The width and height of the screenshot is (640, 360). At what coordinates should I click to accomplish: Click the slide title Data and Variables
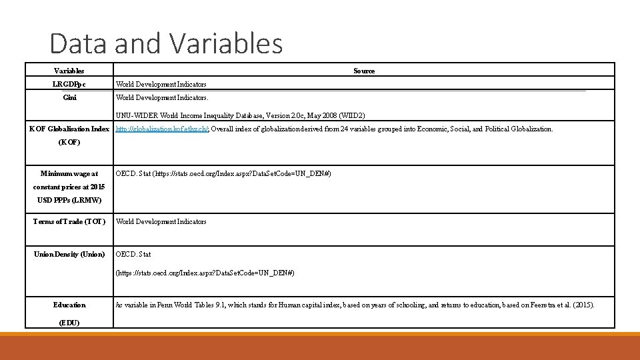pyautogui.click(x=166, y=44)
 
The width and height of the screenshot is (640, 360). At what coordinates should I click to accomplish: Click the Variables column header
pyautogui.click(x=69, y=71)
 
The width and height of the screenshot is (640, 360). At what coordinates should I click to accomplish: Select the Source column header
pyautogui.click(x=364, y=71)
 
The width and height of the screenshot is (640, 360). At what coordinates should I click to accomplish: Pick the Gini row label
pyautogui.click(x=69, y=97)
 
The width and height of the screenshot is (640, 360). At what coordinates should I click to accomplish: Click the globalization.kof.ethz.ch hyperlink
pyautogui.click(x=162, y=129)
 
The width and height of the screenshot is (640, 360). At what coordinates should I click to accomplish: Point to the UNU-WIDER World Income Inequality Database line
pyautogui.click(x=241, y=115)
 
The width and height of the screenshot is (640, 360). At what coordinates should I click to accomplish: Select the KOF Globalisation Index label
pyautogui.click(x=69, y=129)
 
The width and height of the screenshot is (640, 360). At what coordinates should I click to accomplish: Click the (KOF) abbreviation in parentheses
pyautogui.click(x=69, y=142)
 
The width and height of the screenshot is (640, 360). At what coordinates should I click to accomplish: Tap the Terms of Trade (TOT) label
pyautogui.click(x=69, y=221)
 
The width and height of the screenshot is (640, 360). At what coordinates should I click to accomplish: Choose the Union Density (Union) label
pyautogui.click(x=69, y=254)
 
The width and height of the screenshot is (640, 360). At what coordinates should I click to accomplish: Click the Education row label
pyautogui.click(x=69, y=305)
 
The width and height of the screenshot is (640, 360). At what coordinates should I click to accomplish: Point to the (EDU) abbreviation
pyautogui.click(x=69, y=323)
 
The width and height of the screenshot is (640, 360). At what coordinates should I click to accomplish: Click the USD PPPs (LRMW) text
pyautogui.click(x=69, y=200)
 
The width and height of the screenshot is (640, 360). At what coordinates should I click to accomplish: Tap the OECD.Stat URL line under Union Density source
pyautogui.click(x=205, y=273)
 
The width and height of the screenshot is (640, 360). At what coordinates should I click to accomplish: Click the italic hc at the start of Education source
pyautogui.click(x=119, y=305)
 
